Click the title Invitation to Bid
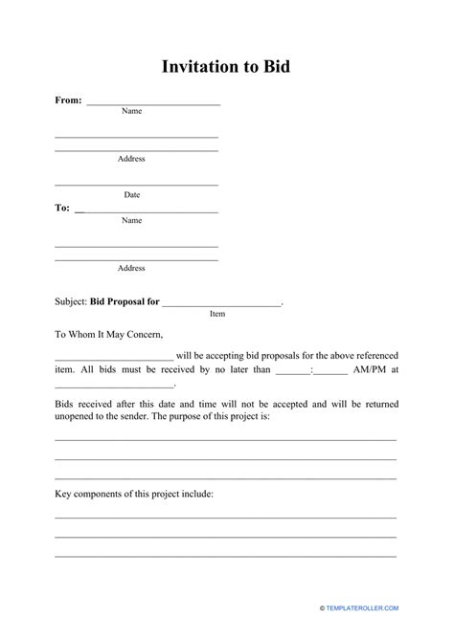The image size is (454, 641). (227, 67)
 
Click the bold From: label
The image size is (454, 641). (68, 99)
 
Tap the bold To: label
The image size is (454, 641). (62, 208)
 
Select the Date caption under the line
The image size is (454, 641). (131, 194)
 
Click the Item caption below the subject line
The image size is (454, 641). (217, 313)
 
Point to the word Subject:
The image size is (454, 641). (70, 300)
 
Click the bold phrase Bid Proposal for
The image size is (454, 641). (124, 300)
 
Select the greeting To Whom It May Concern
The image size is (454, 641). (109, 335)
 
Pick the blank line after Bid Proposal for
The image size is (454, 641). (221, 304)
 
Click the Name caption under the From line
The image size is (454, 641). (131, 111)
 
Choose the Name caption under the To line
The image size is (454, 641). (131, 220)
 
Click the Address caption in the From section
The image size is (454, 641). (131, 159)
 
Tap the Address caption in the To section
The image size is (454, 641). (131, 268)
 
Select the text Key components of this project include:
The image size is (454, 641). (134, 494)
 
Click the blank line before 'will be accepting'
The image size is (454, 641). (114, 355)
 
